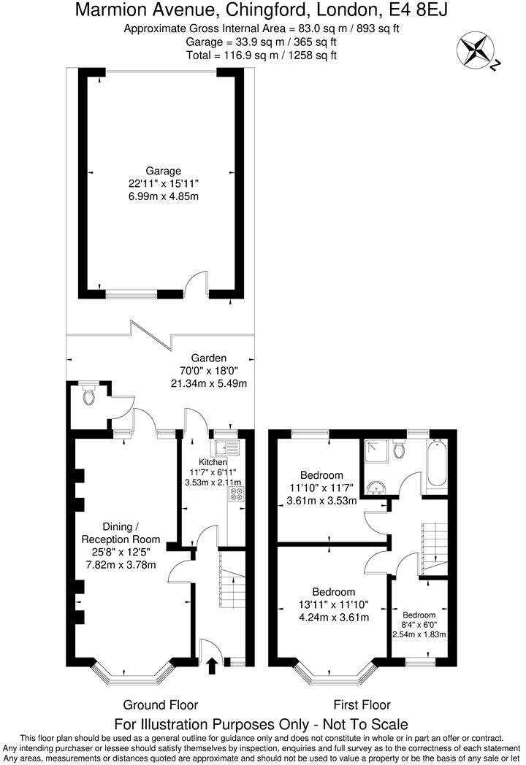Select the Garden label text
(209, 358)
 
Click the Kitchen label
(213, 462)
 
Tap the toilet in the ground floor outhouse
(89, 396)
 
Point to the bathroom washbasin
(378, 488)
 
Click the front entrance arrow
(213, 665)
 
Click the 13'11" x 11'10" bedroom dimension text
(333, 604)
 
